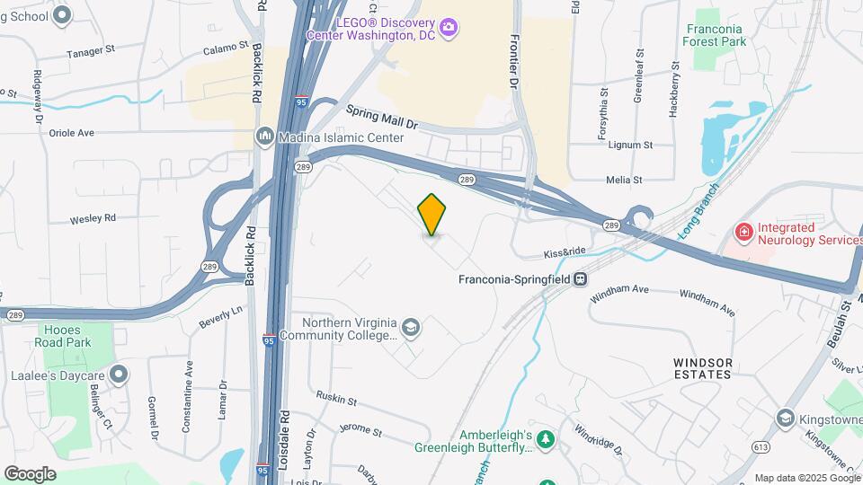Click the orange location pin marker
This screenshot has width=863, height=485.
[432, 215]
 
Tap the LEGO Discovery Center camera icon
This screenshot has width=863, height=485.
[449, 28]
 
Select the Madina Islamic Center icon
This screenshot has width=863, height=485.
[265, 137]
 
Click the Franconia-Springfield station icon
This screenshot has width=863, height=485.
[582, 278]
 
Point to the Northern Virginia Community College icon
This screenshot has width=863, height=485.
[411, 328]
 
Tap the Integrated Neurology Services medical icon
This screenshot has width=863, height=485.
[743, 234]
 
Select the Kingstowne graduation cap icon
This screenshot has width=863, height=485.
[785, 419]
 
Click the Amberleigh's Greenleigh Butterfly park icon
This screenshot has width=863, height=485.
[546, 440]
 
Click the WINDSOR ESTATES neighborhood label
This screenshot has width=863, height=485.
[703, 368]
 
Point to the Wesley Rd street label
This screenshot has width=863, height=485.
[93, 217]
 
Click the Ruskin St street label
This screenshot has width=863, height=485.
[337, 399]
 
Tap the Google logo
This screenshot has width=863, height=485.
[30, 473]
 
